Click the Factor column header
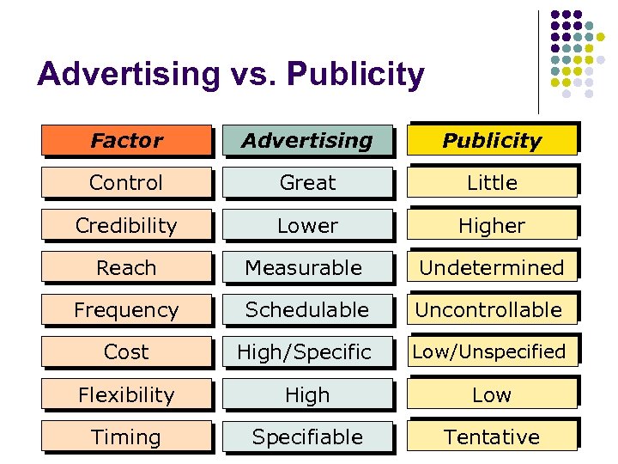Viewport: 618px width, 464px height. [x=127, y=140]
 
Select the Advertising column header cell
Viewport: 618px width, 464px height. [x=307, y=140]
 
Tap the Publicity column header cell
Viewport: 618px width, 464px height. [x=492, y=140]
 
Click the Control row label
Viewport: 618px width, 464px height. [x=126, y=182]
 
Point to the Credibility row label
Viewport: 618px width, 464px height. [x=126, y=225]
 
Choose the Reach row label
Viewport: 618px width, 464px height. [x=126, y=267]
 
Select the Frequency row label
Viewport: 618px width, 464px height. [x=126, y=309]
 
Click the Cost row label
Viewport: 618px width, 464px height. [x=126, y=351]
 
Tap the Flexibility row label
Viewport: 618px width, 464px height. [x=126, y=394]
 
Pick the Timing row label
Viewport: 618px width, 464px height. [x=126, y=437]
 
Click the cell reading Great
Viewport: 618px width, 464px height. [x=307, y=182]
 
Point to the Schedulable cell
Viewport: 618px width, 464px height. [x=307, y=309]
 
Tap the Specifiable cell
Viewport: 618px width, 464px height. [x=307, y=437]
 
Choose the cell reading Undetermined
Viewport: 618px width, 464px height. [x=492, y=267]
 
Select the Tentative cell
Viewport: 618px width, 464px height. [x=492, y=437]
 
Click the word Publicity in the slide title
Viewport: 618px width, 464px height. [x=356, y=76]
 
